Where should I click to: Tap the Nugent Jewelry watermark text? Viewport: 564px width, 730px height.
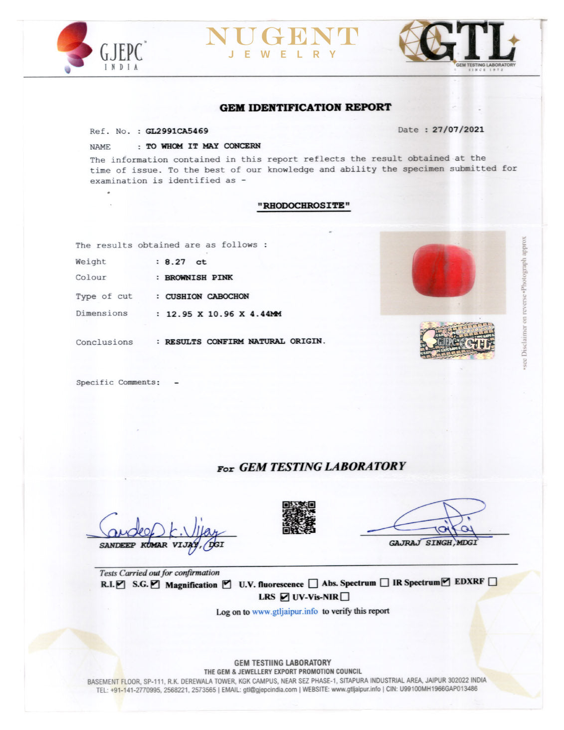[282, 42]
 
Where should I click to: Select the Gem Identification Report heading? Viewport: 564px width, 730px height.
[305, 107]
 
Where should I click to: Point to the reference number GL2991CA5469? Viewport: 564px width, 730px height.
[177, 131]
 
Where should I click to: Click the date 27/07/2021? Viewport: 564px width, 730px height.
[458, 130]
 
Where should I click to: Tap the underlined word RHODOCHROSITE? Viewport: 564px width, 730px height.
[304, 206]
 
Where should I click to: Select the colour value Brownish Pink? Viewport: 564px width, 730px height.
[198, 277]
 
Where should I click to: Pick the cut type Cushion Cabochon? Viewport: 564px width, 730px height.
[207, 296]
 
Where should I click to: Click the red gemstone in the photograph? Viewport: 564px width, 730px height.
[443, 270]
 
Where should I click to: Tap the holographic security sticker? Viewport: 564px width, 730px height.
[457, 340]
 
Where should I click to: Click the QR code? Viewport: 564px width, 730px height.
[299, 517]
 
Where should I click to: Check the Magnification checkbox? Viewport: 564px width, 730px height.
[227, 584]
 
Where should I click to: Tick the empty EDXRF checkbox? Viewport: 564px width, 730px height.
[493, 582]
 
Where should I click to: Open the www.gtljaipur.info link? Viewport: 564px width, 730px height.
[285, 612]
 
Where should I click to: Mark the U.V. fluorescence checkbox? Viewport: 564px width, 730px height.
[313, 583]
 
